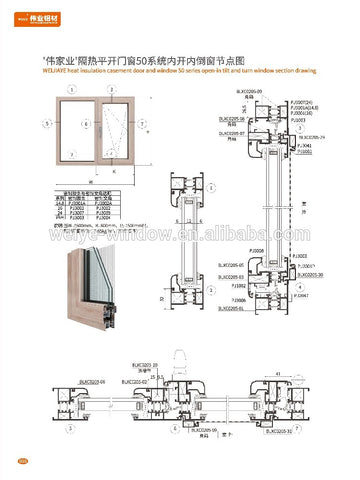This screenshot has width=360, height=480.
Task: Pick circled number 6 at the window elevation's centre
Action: pyautogui.click(x=87, y=124)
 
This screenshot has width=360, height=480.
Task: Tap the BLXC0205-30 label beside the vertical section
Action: pyautogui.click(x=281, y=272)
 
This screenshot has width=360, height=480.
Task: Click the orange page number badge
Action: pyautogui.click(x=22, y=460)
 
